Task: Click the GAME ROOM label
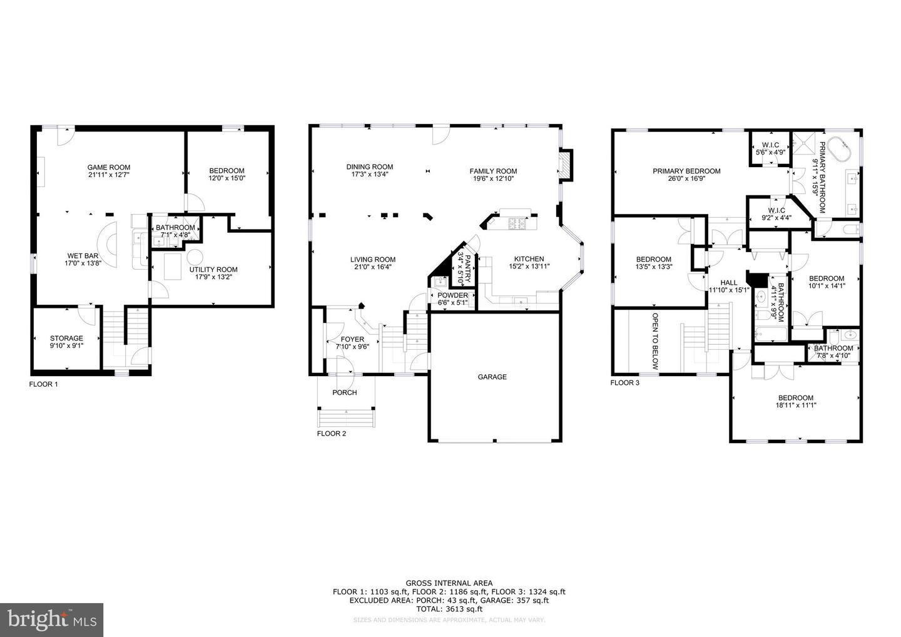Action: coord(108,167)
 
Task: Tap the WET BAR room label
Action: coord(83,255)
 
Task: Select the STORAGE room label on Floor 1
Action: coord(66,339)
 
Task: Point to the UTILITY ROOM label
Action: coord(213,270)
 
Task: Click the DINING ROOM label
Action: coord(370,166)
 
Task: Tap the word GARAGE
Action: coord(492,377)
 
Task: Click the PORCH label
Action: coord(344,392)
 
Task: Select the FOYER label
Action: coord(349,339)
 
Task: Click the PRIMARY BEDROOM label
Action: coord(686,171)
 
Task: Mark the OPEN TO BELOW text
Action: coord(655,342)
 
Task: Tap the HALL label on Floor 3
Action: coord(729,282)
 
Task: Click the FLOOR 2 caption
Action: coord(331,433)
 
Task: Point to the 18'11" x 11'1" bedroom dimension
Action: coord(796,405)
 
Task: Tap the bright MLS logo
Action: coord(52,619)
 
